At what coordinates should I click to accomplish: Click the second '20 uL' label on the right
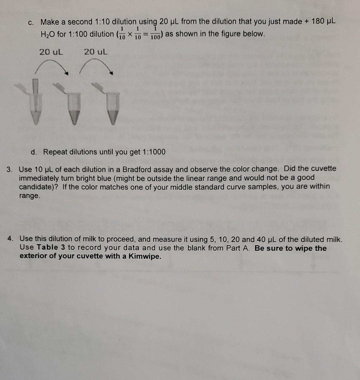96,52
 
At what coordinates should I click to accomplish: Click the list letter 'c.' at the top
32,22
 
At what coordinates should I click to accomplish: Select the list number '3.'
10,169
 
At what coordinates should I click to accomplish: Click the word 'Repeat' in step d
55,152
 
